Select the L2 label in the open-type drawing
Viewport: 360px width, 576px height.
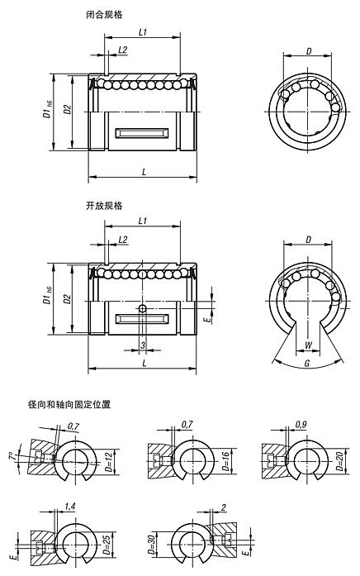(122, 239)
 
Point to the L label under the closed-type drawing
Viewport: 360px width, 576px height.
(145, 171)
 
